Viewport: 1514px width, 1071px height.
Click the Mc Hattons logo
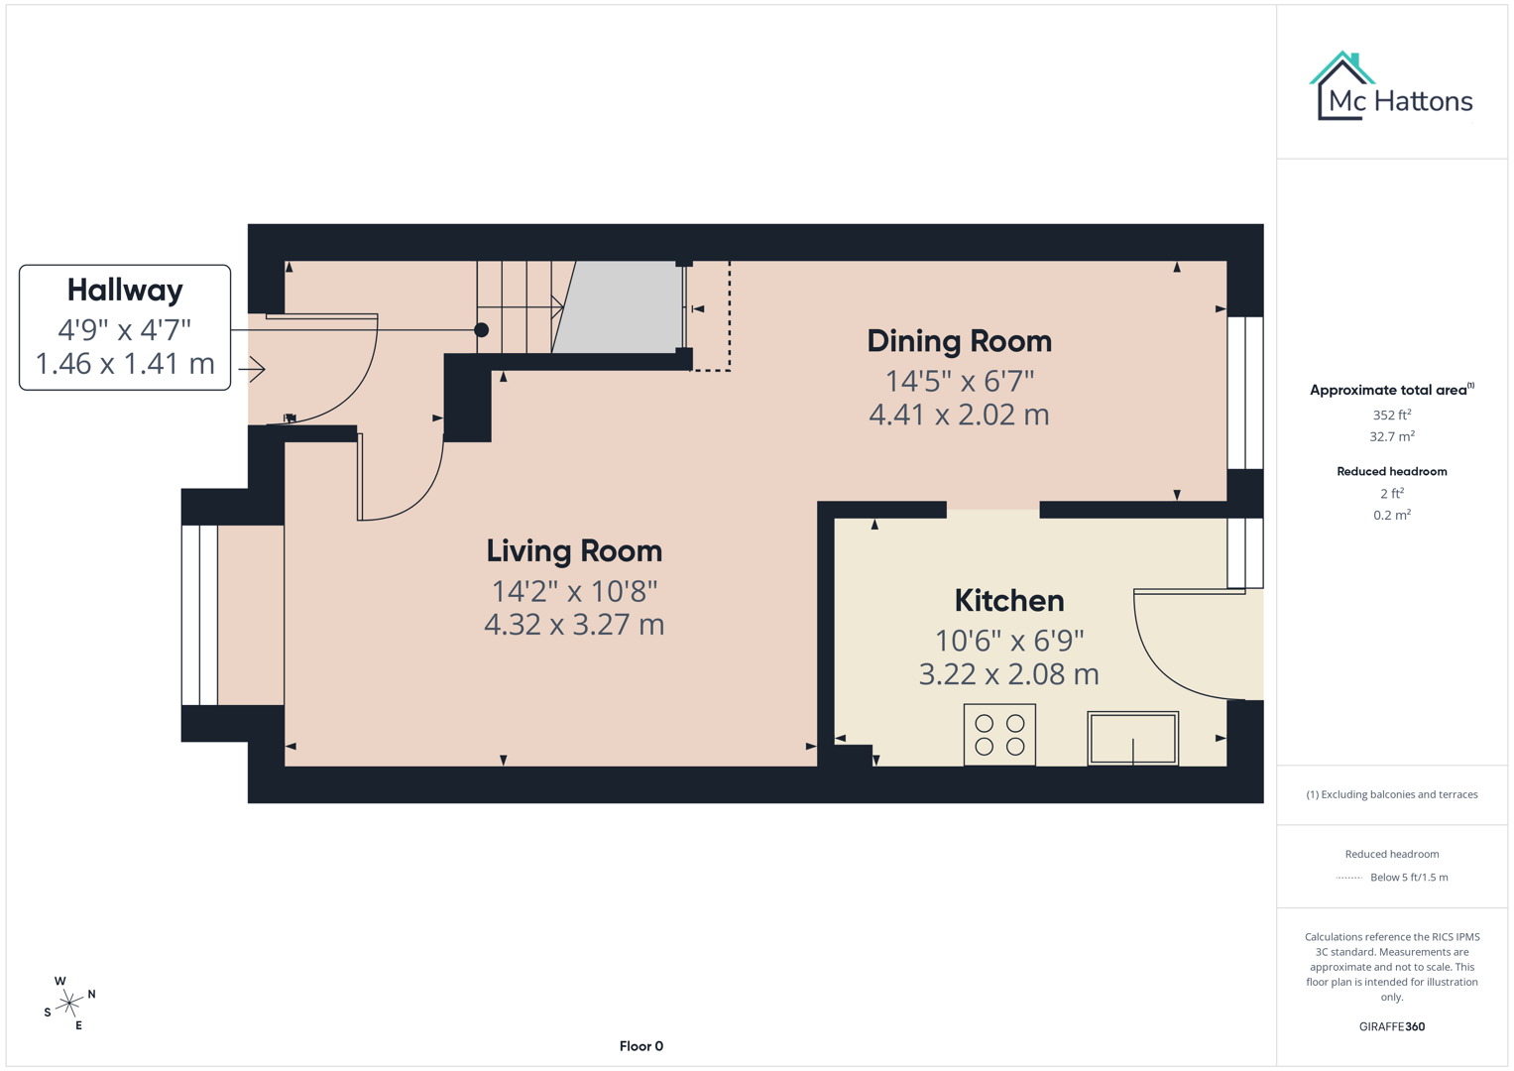(x=1391, y=87)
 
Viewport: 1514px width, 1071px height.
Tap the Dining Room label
(x=959, y=341)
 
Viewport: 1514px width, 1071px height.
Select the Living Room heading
(x=574, y=550)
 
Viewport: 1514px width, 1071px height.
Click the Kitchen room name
(x=1008, y=600)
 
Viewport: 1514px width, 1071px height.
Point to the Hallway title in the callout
(x=125, y=290)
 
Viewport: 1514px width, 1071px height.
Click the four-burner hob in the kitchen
(x=999, y=735)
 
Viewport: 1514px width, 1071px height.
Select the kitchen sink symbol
(x=1132, y=739)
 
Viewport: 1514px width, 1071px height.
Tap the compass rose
(x=69, y=1004)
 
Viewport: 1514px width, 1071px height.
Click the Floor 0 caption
(x=641, y=1046)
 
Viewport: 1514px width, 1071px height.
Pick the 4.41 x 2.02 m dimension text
(x=959, y=415)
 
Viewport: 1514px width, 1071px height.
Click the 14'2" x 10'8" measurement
(x=574, y=591)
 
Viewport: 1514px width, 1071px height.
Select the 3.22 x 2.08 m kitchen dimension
(x=1008, y=674)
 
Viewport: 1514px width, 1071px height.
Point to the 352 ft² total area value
(x=1391, y=415)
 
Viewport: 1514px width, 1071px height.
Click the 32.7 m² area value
(x=1391, y=436)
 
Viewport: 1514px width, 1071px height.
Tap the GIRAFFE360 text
(x=1391, y=1026)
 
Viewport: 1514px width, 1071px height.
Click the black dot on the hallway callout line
(x=481, y=330)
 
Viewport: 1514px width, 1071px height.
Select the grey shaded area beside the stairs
(x=620, y=306)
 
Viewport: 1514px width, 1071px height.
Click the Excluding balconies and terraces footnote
(x=1391, y=794)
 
